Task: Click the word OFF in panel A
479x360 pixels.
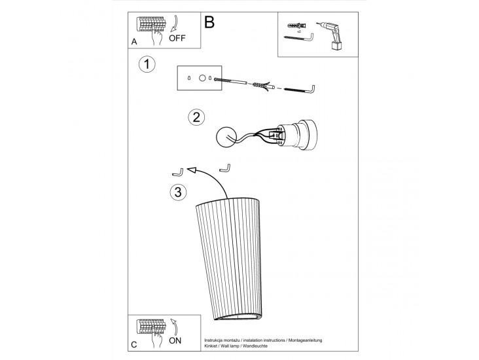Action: tap(177, 38)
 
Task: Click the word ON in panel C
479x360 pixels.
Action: tap(175, 340)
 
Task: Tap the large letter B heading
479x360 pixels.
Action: tap(209, 22)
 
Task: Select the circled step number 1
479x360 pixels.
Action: tap(147, 65)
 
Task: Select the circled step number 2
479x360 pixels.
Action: tap(196, 117)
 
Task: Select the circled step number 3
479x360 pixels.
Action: tap(178, 192)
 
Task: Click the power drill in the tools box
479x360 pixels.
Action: tap(331, 36)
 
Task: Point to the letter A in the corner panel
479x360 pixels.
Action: tap(134, 42)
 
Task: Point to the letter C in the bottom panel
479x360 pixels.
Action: tap(133, 345)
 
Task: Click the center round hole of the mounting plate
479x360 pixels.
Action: tap(202, 79)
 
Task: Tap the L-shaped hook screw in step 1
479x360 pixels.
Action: tap(300, 89)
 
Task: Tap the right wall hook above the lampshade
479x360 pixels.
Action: tap(225, 168)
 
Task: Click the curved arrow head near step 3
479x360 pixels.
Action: tap(191, 170)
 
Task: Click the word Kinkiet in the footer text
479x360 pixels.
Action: tap(211, 346)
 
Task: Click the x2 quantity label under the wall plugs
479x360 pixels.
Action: tap(299, 31)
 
